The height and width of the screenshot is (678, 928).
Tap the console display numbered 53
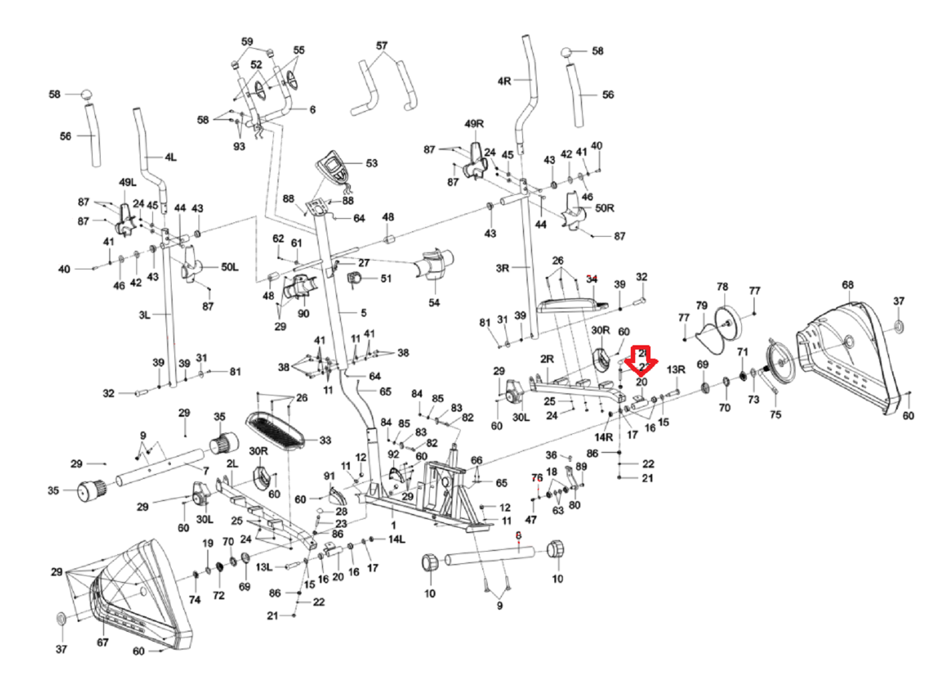pyautogui.click(x=334, y=166)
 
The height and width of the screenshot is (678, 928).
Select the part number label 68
pyautogui.click(x=848, y=285)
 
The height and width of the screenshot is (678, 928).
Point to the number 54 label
pyautogui.click(x=434, y=303)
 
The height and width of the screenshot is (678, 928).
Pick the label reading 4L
pyautogui.click(x=170, y=157)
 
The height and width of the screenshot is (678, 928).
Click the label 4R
pyautogui.click(x=504, y=81)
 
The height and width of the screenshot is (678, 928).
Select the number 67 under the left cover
pyautogui.click(x=102, y=642)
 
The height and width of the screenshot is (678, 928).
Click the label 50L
pyautogui.click(x=229, y=267)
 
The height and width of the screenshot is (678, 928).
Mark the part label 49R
pyautogui.click(x=474, y=124)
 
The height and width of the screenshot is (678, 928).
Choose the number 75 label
pyautogui.click(x=775, y=415)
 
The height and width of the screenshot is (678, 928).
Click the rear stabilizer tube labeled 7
pyautogui.click(x=160, y=467)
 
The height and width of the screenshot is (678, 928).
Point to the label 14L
pyautogui.click(x=396, y=539)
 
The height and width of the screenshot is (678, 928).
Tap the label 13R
pyautogui.click(x=676, y=370)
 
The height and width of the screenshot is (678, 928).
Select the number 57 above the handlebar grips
pyautogui.click(x=382, y=46)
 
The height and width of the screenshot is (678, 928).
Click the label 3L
pyautogui.click(x=144, y=315)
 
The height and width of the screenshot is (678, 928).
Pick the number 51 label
pyautogui.click(x=386, y=279)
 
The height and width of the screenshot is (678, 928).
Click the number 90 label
pyautogui.click(x=303, y=313)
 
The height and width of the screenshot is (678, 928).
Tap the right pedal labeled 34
pyautogui.click(x=570, y=305)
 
